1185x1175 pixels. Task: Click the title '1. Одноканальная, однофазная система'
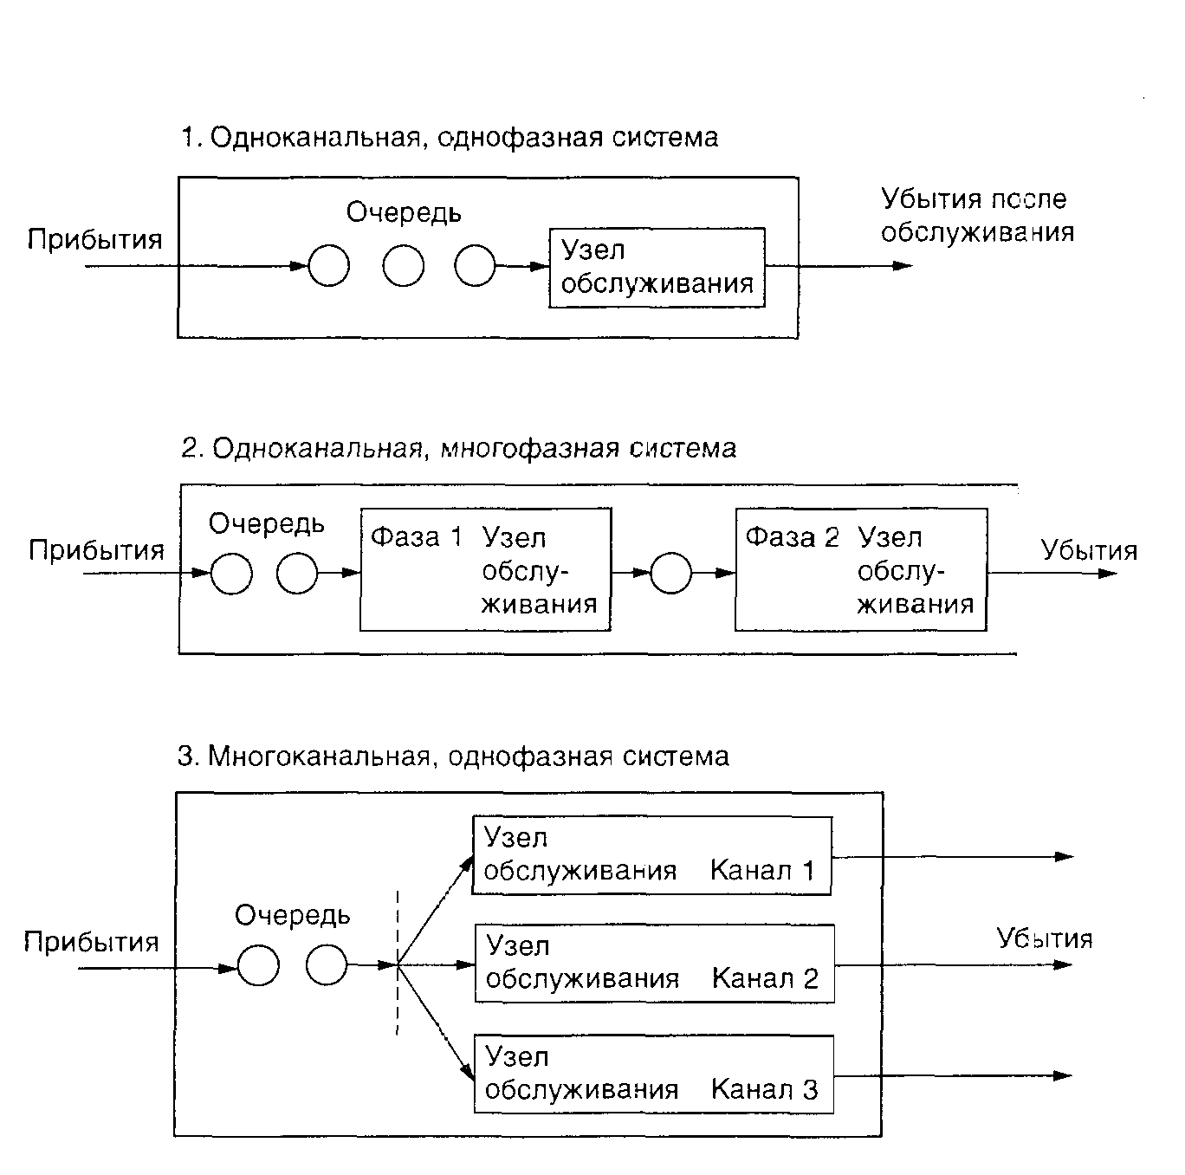coord(449,138)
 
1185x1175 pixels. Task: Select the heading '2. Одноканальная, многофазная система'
coord(459,448)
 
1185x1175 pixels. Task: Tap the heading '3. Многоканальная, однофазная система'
coord(453,756)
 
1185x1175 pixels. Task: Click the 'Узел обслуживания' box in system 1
coord(657,268)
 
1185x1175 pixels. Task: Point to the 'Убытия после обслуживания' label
coord(977,216)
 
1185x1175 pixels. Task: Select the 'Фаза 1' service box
coord(485,570)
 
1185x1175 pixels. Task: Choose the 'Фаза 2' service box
coord(860,570)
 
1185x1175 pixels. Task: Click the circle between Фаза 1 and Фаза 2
coord(670,573)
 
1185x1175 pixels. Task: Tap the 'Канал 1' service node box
coord(651,855)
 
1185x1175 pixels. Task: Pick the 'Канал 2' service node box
coord(654,964)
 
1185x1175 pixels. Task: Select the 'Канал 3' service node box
coord(653,1074)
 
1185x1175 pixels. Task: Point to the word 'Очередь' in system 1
coord(404,212)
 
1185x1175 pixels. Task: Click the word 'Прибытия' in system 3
coord(92,942)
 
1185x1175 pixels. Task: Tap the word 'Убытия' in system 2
coord(1089,551)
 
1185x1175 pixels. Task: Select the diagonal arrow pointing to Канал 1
coord(435,910)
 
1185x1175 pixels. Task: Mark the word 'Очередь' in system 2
coord(267,523)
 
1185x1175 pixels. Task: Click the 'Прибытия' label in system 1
coord(95,239)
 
